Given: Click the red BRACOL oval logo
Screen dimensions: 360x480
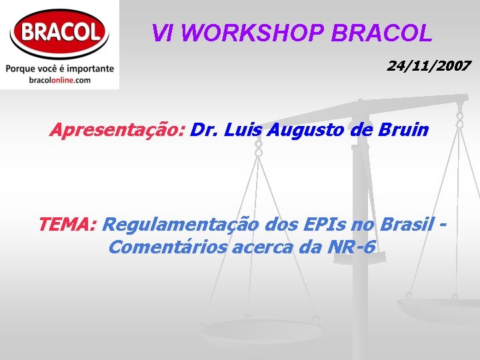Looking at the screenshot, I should pos(59,31).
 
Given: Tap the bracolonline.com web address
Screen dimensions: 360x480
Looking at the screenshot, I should pos(59,80).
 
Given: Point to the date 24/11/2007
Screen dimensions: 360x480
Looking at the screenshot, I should pos(429,66).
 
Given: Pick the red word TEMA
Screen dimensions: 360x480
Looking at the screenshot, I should pos(67,224).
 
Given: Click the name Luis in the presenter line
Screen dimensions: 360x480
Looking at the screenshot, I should pos(241,129).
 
